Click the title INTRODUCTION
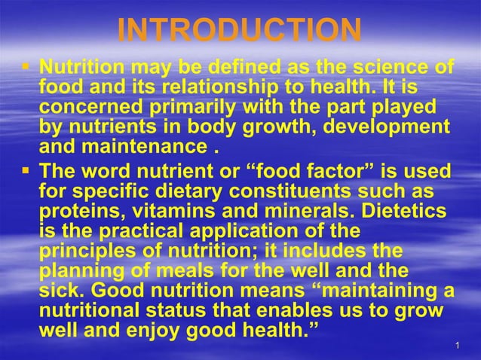tap(240, 31)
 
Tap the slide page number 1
tap(458, 345)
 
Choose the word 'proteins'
tap(84, 211)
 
